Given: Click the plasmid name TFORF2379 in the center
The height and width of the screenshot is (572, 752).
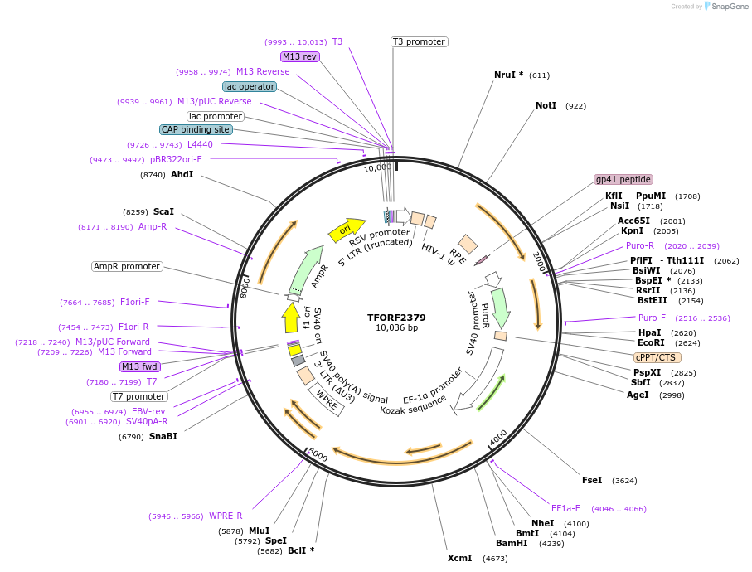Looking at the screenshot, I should click(x=396, y=317).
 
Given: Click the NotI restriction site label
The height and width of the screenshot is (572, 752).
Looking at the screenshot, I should click(x=546, y=106).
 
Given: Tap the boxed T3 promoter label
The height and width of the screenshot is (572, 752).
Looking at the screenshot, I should click(x=419, y=41).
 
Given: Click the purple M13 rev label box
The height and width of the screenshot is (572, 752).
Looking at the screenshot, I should click(x=299, y=56).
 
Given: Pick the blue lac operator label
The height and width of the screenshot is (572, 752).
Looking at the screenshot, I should click(x=249, y=86).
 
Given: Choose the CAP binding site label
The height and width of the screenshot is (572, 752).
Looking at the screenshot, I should click(x=196, y=129).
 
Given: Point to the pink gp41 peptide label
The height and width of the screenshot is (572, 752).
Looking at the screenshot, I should click(x=623, y=179).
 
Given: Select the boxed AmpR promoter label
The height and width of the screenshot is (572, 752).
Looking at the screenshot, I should click(x=128, y=266).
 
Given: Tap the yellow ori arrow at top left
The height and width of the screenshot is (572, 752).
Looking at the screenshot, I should click(x=347, y=229).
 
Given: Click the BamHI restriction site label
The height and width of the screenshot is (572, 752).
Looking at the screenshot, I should click(x=512, y=543).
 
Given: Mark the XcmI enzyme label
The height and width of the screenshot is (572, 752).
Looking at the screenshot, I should click(x=459, y=558).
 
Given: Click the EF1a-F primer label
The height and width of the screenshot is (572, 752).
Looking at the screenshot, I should click(x=565, y=508).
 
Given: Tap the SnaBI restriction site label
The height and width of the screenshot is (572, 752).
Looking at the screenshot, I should click(x=163, y=436).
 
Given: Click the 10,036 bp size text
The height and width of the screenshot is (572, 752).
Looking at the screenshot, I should click(x=396, y=328).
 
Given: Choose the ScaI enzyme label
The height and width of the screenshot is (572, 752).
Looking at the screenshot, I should click(x=163, y=211).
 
